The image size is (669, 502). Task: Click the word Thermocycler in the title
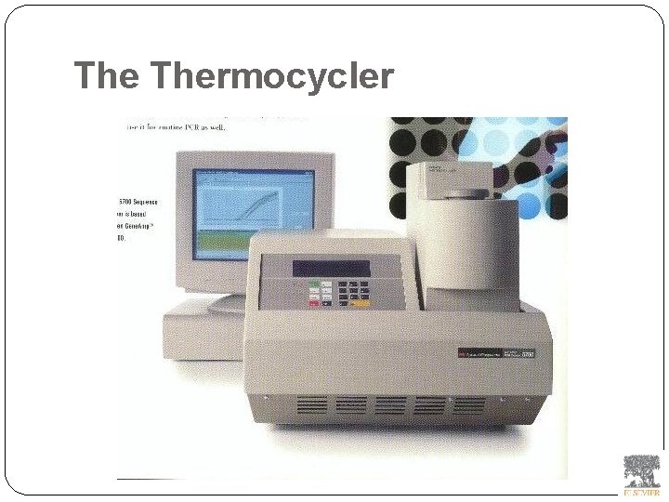[270, 76]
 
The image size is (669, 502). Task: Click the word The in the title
[106, 75]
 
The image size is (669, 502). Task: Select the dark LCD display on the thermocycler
[331, 269]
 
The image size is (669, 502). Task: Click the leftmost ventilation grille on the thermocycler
[312, 406]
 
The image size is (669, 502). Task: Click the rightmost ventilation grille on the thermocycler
[468, 405]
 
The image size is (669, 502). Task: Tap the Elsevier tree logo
[641, 469]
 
